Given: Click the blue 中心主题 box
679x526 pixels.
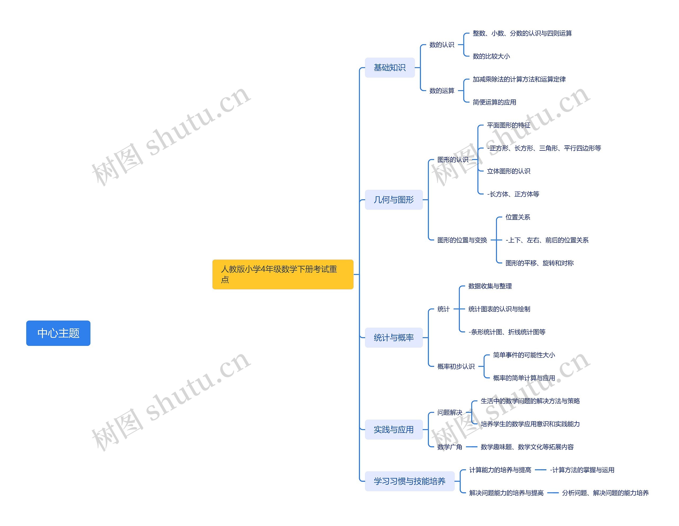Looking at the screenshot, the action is tap(58, 333).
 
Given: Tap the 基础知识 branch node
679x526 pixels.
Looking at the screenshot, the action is tap(390, 67).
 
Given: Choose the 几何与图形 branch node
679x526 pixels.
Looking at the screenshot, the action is tap(393, 199).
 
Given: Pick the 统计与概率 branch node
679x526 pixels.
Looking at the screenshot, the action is tap(393, 338).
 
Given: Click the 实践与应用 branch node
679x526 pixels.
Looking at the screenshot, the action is tap(393, 430).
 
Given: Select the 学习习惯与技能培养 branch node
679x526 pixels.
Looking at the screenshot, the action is tap(409, 481).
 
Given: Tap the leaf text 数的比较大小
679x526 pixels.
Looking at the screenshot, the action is tap(491, 56).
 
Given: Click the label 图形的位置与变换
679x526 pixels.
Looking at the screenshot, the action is tap(462, 240).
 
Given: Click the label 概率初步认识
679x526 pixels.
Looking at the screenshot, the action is tap(455, 367).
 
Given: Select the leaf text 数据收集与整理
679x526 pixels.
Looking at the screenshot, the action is tap(490, 286).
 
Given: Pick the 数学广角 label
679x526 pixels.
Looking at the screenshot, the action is tap(449, 447).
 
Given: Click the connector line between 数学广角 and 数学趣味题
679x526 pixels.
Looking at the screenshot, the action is tap(471, 447).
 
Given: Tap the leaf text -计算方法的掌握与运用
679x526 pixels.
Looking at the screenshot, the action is tap(582, 470).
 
